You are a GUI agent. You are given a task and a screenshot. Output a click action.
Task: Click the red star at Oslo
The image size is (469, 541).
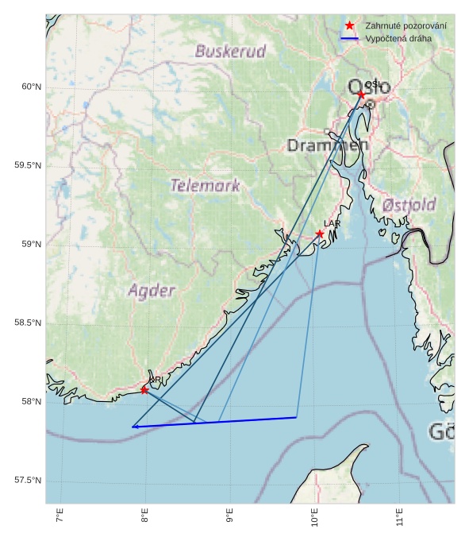361,95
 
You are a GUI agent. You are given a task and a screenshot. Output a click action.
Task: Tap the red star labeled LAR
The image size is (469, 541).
319,234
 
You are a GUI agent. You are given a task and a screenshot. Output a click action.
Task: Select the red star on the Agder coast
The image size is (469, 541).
144,390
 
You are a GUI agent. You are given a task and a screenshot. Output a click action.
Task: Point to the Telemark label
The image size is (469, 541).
205,186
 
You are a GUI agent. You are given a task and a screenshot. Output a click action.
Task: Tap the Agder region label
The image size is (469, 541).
152,290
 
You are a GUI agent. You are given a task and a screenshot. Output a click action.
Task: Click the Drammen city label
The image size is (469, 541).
328,145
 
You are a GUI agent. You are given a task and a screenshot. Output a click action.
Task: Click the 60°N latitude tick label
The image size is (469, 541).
31,87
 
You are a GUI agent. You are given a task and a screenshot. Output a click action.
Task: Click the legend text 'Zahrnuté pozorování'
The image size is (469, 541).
406,26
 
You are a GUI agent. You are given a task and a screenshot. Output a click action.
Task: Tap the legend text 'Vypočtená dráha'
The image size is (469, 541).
399,38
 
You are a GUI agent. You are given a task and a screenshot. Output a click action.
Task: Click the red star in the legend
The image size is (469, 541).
349,26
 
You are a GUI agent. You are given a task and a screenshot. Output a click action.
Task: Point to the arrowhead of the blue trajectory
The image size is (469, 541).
134,427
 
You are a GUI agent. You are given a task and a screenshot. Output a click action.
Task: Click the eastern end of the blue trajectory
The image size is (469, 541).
296,417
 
